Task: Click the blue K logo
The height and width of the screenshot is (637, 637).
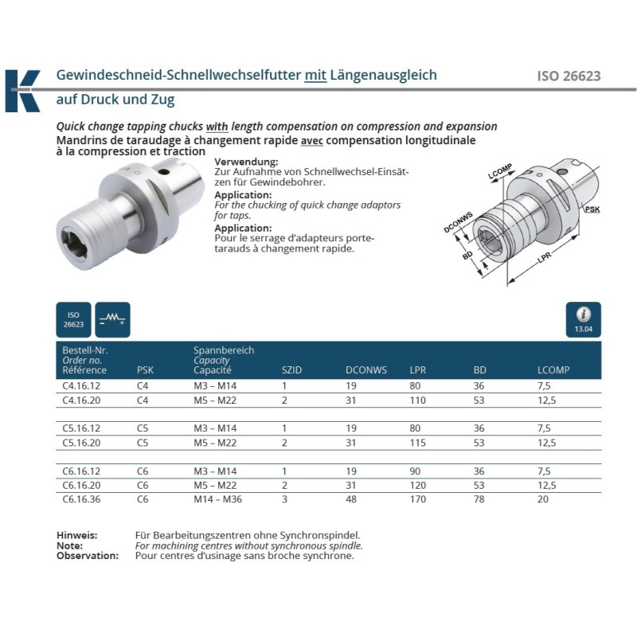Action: (x=22, y=91)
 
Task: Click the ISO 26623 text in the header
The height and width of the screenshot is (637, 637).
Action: (x=569, y=77)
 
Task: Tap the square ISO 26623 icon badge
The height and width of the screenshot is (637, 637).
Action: (x=73, y=319)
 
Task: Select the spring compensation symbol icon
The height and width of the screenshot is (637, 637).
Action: (x=111, y=319)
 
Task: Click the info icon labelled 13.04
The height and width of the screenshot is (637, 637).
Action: (x=584, y=319)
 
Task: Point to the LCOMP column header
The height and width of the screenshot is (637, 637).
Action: (x=553, y=370)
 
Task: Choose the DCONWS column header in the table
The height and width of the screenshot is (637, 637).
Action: (x=365, y=370)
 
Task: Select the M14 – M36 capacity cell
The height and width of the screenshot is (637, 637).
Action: (x=218, y=499)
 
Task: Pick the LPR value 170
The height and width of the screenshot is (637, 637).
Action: (x=416, y=499)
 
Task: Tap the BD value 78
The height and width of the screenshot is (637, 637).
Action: (x=479, y=499)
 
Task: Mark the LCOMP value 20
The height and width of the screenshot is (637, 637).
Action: (x=542, y=499)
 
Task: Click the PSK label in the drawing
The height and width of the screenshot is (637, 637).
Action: (x=592, y=209)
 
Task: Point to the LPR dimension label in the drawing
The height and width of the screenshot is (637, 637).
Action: (x=546, y=260)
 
